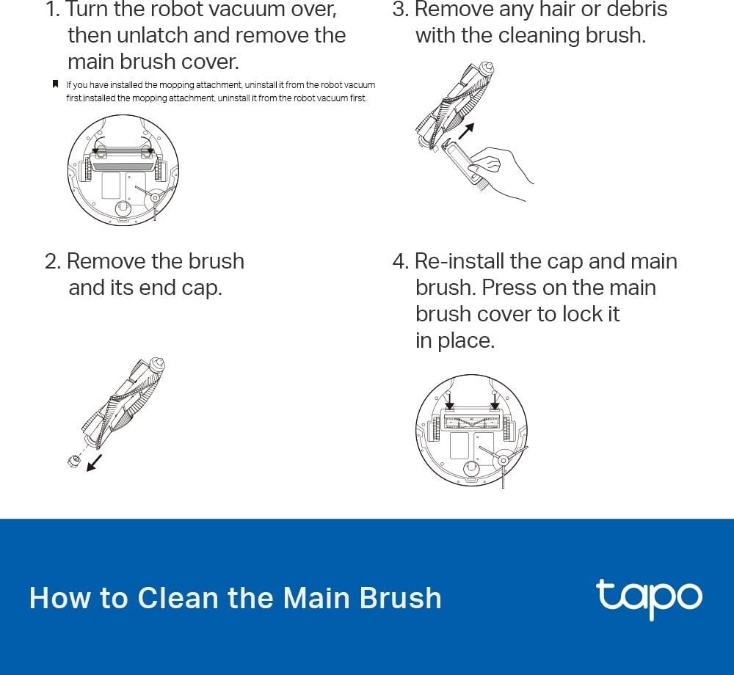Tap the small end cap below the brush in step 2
[73, 460]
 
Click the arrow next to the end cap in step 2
[94, 463]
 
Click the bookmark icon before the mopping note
[55, 84]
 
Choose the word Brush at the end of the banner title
[401, 597]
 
